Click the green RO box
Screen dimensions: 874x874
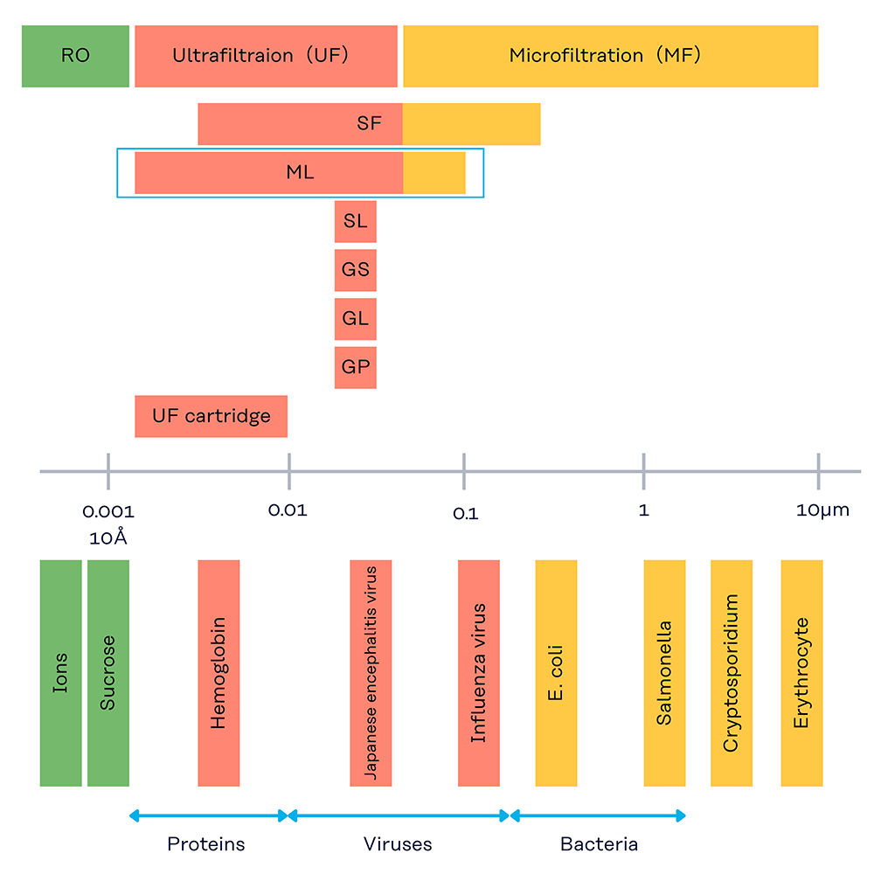(75, 56)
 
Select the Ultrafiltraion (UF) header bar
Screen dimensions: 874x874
(266, 56)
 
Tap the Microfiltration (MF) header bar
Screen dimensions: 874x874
(610, 56)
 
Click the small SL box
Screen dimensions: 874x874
(355, 222)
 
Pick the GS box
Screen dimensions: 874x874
(355, 270)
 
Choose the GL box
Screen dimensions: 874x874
(355, 319)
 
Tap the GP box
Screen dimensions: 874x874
(355, 368)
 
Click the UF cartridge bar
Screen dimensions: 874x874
(211, 416)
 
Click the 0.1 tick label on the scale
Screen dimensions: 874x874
(465, 513)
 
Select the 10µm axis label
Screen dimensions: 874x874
(822, 510)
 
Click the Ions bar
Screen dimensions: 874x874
(60, 673)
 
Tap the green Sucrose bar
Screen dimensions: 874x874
(108, 673)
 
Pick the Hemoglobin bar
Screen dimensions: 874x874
(218, 673)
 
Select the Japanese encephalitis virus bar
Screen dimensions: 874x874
(371, 673)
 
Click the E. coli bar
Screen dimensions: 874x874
(556, 673)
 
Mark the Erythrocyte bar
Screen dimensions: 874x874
(801, 673)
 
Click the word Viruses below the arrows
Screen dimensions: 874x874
(398, 844)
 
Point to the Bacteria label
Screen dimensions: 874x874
(599, 844)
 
